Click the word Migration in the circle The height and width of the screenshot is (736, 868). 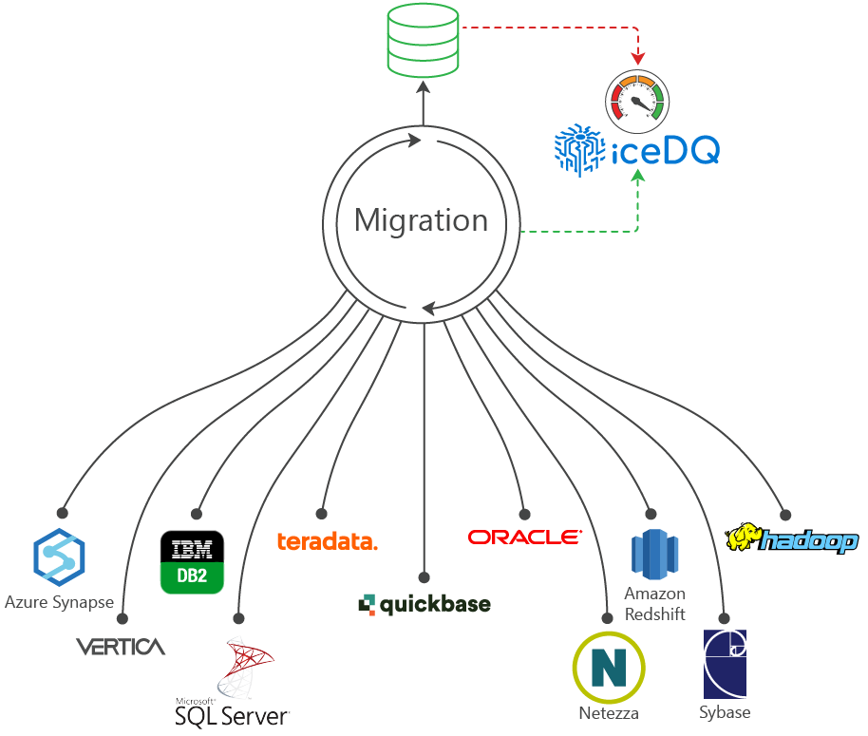[x=421, y=220]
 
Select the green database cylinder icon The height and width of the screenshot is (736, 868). [x=424, y=41]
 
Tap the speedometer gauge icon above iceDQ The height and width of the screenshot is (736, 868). [x=637, y=99]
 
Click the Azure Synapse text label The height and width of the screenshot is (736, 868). [x=59, y=602]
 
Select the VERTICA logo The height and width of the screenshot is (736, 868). [x=121, y=648]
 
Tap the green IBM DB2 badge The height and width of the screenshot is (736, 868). [x=192, y=561]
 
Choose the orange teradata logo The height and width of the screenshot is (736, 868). [x=327, y=541]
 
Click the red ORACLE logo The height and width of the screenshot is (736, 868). [x=524, y=538]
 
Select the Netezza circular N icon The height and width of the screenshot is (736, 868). [x=608, y=665]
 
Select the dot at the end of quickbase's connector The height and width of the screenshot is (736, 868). [x=424, y=576]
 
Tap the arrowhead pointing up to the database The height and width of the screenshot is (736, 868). [x=424, y=87]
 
